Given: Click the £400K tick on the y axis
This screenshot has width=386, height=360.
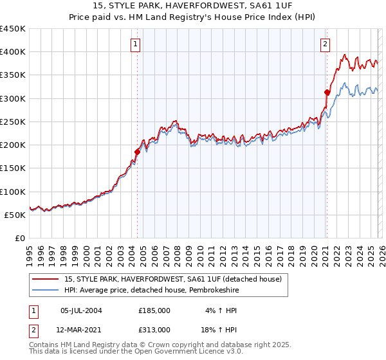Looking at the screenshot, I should pyautogui.click(x=13, y=52).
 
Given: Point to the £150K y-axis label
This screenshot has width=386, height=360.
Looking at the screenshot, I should pyautogui.click(x=13, y=168).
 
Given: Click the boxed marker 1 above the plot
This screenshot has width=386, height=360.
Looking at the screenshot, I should pyautogui.click(x=136, y=44).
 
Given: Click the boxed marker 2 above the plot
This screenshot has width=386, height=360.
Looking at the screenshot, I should pyautogui.click(x=326, y=44).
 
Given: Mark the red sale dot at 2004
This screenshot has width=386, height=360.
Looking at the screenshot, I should pyautogui.click(x=137, y=152).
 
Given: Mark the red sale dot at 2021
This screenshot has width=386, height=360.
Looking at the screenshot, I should pyautogui.click(x=327, y=93).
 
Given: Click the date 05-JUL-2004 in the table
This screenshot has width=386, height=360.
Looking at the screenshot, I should pyautogui.click(x=81, y=310).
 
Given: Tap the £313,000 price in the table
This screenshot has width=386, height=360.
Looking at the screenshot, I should pyautogui.click(x=154, y=329).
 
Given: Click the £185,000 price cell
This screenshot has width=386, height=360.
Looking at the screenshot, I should pyautogui.click(x=154, y=310).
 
